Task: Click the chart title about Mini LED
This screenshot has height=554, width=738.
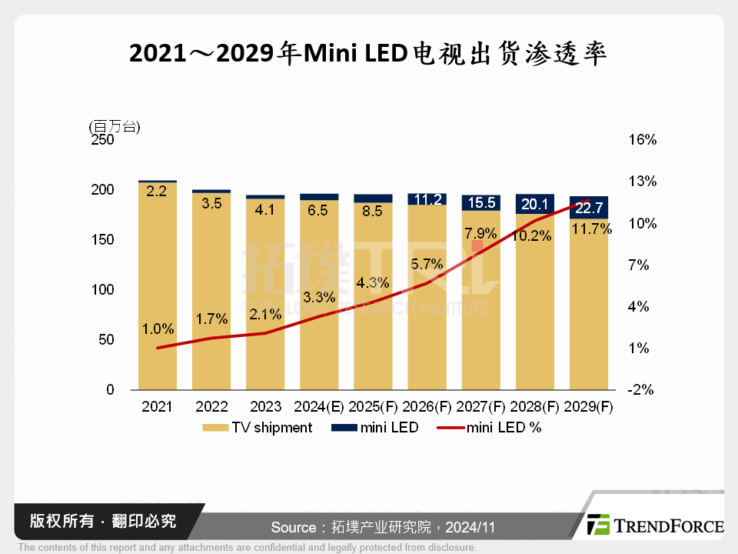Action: click(x=368, y=54)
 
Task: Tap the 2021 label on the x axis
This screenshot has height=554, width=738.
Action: click(x=157, y=406)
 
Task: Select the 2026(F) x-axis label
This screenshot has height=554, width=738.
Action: click(x=427, y=406)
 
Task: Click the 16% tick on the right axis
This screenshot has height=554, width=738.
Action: click(x=642, y=140)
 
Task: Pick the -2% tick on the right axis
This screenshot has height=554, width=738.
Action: click(x=641, y=390)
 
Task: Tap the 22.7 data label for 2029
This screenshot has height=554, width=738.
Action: click(x=589, y=207)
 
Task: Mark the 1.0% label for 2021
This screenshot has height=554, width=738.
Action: click(x=158, y=329)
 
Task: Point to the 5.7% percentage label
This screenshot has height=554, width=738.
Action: click(x=427, y=264)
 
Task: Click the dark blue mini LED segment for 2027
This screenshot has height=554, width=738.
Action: click(x=481, y=202)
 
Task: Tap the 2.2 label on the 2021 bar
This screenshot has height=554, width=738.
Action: click(x=157, y=192)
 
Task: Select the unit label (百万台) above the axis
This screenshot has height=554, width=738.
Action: click(x=115, y=126)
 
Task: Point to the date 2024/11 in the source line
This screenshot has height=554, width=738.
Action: click(x=470, y=527)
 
